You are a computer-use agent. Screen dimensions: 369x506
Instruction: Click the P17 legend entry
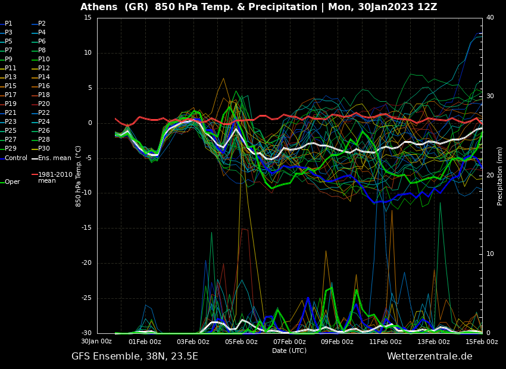[11, 95]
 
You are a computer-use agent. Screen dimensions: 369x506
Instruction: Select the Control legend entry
[15, 158]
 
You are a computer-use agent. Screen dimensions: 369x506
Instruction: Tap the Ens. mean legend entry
[54, 158]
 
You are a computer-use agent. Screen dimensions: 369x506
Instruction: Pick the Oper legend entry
[12, 182]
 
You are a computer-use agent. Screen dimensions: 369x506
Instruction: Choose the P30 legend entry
[44, 149]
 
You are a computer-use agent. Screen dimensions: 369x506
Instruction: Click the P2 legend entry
[42, 24]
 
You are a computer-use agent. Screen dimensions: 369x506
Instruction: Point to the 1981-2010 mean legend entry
[54, 177]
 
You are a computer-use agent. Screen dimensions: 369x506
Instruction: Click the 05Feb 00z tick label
[241, 342]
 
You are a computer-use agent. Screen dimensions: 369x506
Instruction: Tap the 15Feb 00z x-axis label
[481, 342]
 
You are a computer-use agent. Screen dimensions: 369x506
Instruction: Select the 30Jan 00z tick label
[96, 342]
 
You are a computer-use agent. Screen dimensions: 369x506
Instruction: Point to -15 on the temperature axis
[87, 228]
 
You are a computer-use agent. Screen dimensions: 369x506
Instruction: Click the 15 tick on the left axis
[88, 18]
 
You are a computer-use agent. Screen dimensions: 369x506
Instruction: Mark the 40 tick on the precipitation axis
[490, 18]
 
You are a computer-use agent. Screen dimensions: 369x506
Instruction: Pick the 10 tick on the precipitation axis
[490, 254]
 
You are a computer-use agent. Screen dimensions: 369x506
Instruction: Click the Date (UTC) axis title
[289, 351]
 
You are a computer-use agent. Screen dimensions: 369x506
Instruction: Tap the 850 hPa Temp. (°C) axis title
[79, 176]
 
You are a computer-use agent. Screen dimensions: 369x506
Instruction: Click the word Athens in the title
[99, 7]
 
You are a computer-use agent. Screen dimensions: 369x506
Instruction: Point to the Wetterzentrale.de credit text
[429, 357]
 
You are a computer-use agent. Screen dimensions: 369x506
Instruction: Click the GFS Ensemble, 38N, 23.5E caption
[135, 357]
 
